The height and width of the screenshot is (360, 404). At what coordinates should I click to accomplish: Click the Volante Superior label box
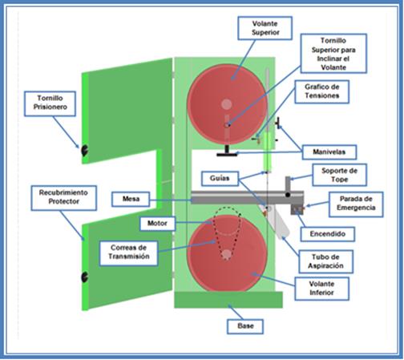[x=265, y=28]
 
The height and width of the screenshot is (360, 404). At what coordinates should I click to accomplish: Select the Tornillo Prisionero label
[x=50, y=103]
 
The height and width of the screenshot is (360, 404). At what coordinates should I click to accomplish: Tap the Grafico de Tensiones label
[x=322, y=91]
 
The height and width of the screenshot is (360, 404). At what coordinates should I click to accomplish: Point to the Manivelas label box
[x=329, y=152]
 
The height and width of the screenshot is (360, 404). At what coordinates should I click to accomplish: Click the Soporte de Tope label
[x=339, y=175]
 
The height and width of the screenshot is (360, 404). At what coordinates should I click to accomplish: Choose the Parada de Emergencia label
[x=356, y=204]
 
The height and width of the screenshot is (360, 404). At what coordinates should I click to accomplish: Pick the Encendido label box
[x=328, y=234]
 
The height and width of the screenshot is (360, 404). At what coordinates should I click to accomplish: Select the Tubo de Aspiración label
[x=325, y=261]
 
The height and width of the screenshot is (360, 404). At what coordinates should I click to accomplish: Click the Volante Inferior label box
[x=321, y=289]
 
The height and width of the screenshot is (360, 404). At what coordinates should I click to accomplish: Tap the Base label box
[x=245, y=326]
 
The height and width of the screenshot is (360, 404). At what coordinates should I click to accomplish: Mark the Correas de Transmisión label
[x=128, y=253]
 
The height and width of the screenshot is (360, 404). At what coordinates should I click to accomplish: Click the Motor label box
[x=157, y=223]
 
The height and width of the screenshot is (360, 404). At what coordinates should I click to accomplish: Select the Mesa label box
[x=131, y=199]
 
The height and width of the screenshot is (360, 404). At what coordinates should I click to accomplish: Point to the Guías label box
[x=220, y=179]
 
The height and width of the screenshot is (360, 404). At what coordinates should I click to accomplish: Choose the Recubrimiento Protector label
[x=63, y=198]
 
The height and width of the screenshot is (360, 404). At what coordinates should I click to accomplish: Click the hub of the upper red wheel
[x=227, y=104]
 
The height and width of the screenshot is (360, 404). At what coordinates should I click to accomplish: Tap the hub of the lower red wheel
[x=227, y=254]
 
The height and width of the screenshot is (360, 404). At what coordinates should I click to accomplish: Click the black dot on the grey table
[x=288, y=195]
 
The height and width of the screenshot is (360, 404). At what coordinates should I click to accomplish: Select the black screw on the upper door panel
[x=84, y=151]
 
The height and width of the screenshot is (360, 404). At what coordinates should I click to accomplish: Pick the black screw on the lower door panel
[x=84, y=277]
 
